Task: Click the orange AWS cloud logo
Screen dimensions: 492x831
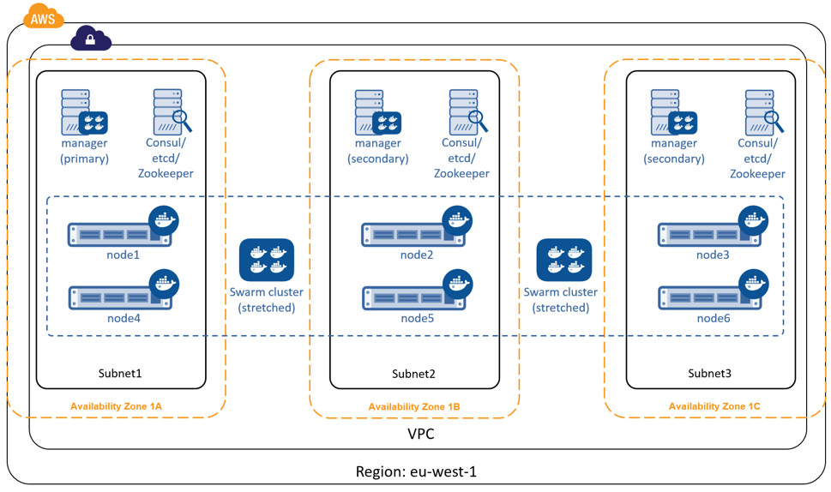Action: (43, 15)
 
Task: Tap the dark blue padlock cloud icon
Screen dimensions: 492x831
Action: (90, 39)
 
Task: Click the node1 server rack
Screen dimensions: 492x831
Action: (120, 233)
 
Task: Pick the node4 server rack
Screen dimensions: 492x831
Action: (120, 297)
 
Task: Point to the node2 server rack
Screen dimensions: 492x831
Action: (414, 234)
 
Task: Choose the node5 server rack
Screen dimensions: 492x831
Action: (414, 297)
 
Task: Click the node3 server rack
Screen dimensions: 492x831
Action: (710, 234)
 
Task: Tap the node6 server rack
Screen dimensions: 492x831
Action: (710, 297)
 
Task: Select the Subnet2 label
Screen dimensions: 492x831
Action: (413, 374)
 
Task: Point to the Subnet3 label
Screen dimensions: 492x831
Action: (710, 374)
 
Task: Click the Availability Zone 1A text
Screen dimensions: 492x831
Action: (116, 405)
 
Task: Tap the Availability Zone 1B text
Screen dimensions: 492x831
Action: (414, 406)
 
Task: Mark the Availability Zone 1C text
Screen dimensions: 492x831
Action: (714, 405)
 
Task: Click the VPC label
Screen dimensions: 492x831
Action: (420, 434)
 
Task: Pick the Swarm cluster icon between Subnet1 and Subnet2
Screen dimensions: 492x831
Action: (267, 260)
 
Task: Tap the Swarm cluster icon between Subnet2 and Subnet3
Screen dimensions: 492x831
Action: (563, 260)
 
